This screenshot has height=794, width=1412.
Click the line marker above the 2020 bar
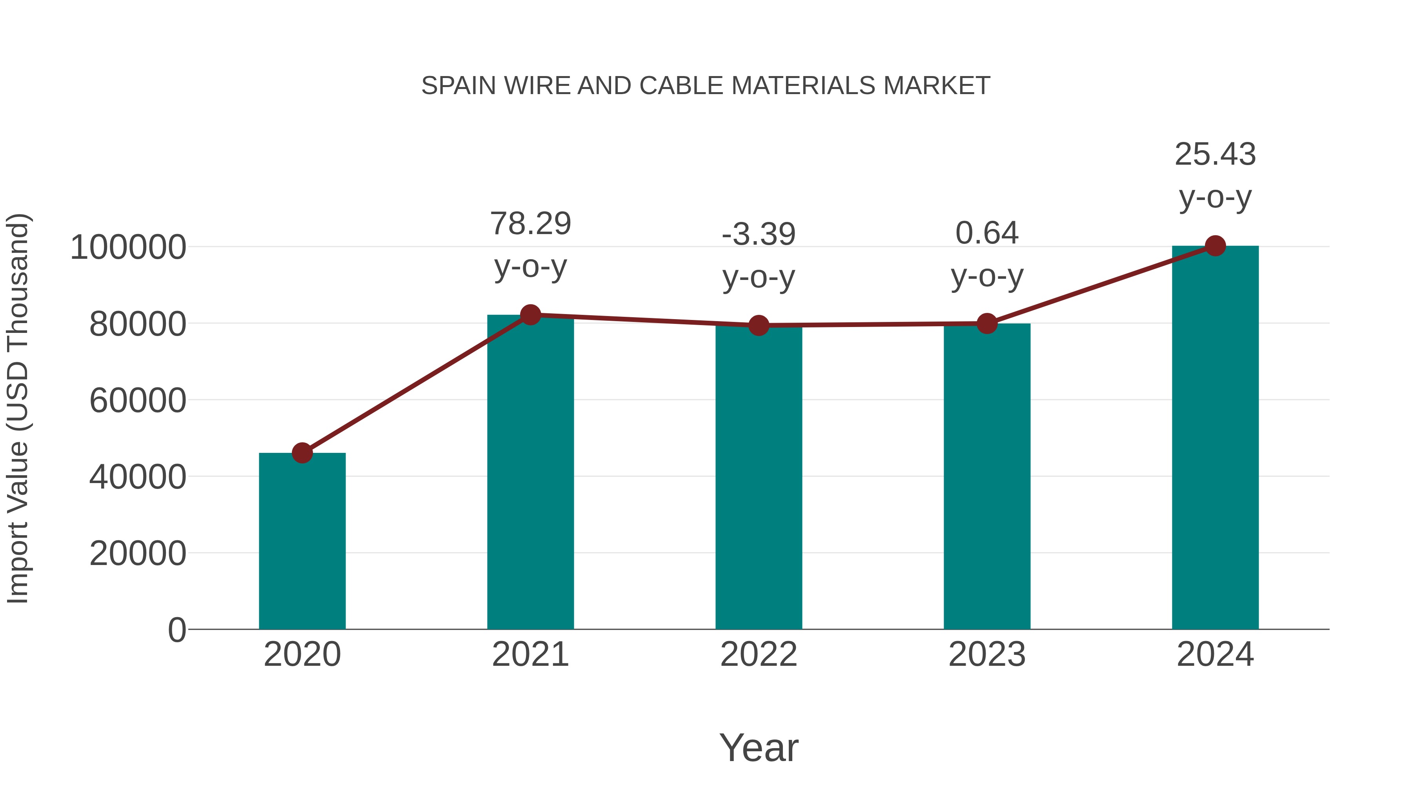coord(302,453)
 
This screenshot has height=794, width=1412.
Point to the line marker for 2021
coord(530,315)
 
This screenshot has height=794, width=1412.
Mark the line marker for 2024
coord(1215,246)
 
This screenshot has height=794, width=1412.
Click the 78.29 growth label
coord(530,224)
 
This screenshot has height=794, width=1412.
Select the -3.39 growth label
coord(759,234)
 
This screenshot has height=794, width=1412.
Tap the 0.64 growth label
coord(987,233)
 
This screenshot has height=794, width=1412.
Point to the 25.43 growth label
coord(1215,154)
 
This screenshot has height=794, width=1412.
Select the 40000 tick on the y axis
coord(138,477)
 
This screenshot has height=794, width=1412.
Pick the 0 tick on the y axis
coord(177,630)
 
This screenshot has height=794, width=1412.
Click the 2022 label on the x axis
coord(759,655)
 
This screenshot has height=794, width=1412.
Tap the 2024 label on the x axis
coord(1215,655)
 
